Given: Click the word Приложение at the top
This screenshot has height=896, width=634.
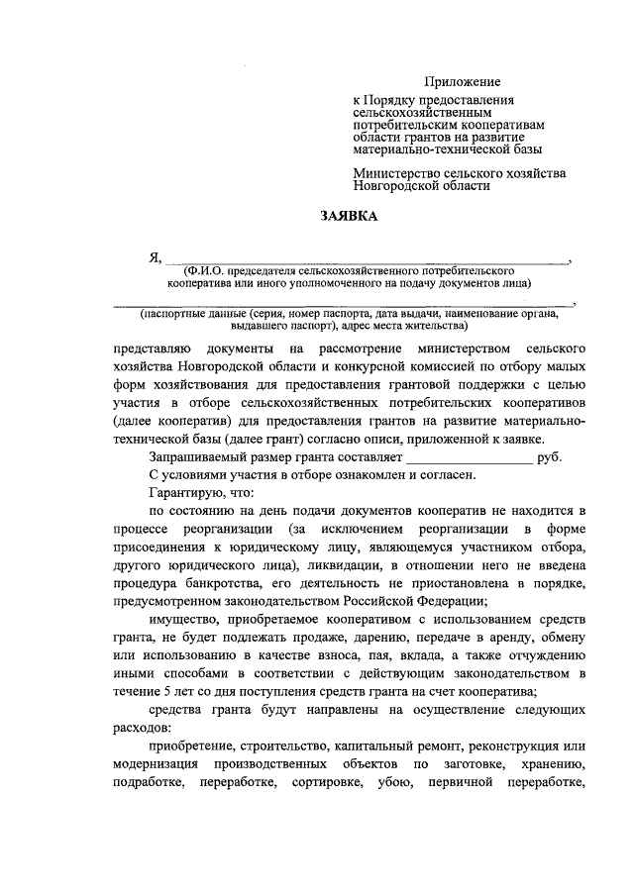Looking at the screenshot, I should click(463, 81).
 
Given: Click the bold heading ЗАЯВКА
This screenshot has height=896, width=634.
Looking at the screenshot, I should click(349, 215).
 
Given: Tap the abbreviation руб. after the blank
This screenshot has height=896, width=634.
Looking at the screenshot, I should click(549, 458).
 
